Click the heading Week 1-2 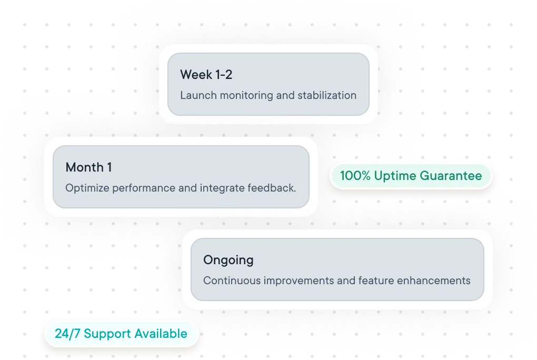pos(206,75)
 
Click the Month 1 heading pos(88,167)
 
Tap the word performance pos(142,188)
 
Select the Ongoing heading pos(228,260)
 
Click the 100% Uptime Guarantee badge pos(411,176)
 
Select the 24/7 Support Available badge pos(121,334)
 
